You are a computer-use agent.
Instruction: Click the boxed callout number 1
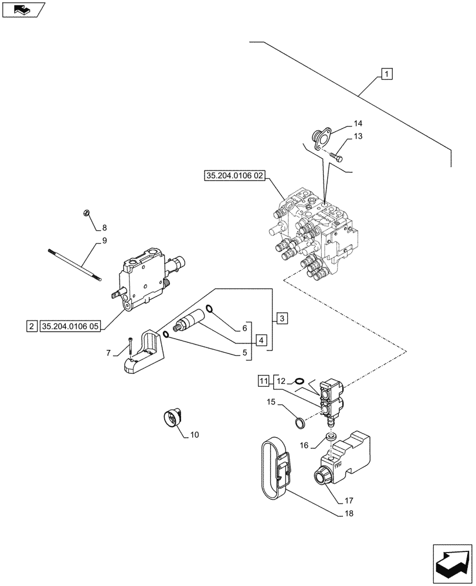[x=387, y=74]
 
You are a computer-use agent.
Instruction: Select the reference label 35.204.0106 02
[x=235, y=175]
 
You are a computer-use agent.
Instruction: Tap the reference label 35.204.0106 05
[x=70, y=326]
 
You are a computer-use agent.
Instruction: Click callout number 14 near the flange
[x=358, y=124]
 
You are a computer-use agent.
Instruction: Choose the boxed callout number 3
[x=282, y=319]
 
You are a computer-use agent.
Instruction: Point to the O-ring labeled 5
[x=167, y=335]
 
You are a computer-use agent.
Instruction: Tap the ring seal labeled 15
[x=298, y=422]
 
